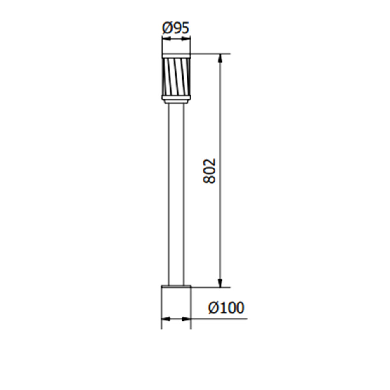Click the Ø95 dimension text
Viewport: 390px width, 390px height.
(x=176, y=28)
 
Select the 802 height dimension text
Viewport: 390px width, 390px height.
(x=210, y=170)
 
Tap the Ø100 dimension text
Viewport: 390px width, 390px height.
(x=226, y=308)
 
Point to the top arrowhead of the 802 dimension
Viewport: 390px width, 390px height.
(x=220, y=58)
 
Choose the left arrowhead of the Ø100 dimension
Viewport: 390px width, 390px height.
(x=165, y=319)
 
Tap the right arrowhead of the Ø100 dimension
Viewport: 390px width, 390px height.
(x=187, y=319)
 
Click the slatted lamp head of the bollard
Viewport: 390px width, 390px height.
(x=176, y=76)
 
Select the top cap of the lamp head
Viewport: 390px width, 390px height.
(x=176, y=56)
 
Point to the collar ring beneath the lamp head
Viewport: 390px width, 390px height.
(x=176, y=99)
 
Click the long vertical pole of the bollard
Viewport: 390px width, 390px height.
(x=176, y=194)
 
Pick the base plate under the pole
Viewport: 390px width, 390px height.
(x=176, y=286)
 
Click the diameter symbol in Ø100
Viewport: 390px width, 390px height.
(x=214, y=308)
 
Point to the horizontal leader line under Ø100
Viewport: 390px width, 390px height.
(x=223, y=319)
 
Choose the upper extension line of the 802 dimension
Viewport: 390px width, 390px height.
(x=210, y=54)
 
